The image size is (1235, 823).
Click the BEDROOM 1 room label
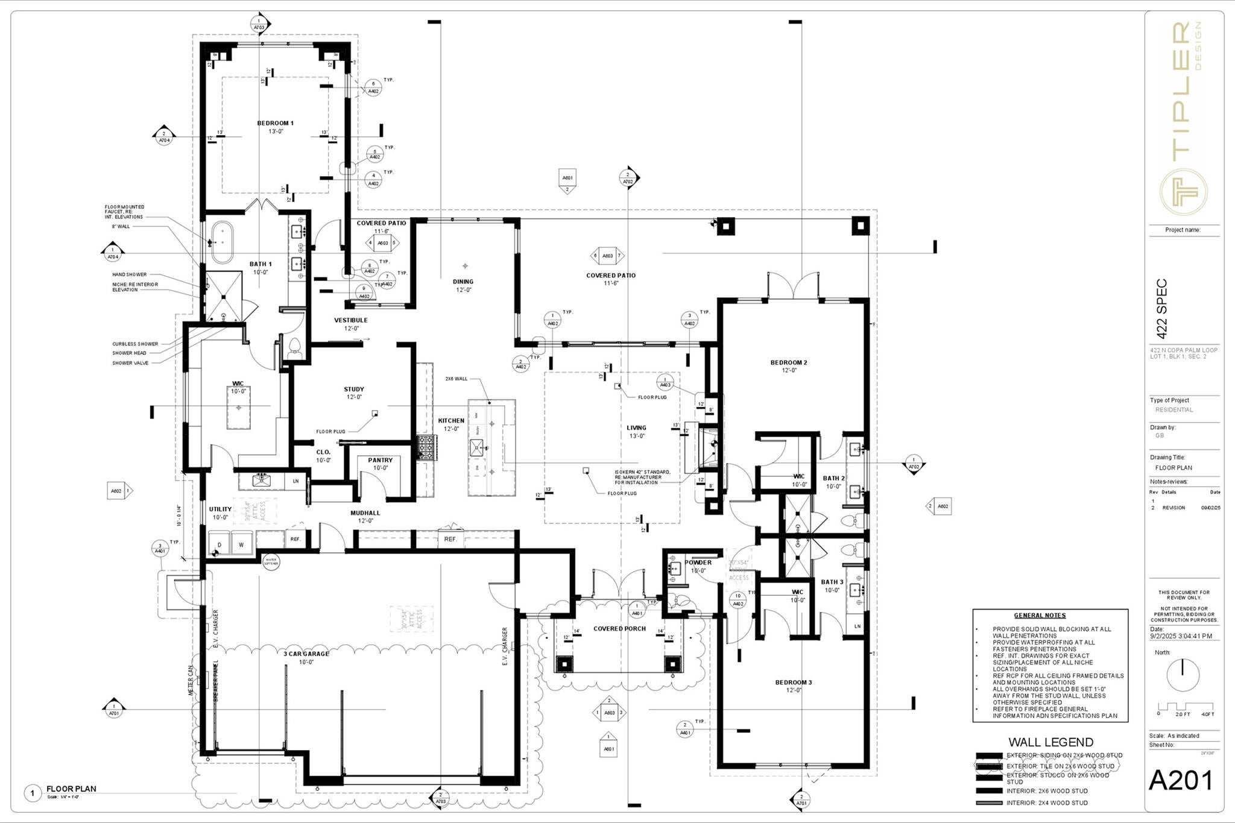pos(275,123)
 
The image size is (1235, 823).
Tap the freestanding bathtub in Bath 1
pos(222,243)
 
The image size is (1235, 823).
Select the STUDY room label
pos(354,389)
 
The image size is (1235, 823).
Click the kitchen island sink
pos(478,447)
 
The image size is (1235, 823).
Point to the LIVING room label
pos(636,427)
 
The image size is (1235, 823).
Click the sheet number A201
pos(1180,781)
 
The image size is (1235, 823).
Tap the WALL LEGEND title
pos(1050,742)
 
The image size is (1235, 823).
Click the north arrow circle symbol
pos(1183,675)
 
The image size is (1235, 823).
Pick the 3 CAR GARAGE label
pos(306,654)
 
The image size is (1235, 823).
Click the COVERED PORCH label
pos(619,628)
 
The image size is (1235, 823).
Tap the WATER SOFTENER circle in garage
pos(271,561)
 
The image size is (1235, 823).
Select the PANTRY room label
pos(380,460)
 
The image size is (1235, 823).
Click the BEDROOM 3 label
pos(793,683)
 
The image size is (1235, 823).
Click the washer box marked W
pos(241,544)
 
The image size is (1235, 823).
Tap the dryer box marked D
pos(219,544)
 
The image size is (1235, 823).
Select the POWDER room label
pos(698,563)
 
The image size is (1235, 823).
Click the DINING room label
pos(463,282)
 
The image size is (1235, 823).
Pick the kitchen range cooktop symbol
pos(427,448)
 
